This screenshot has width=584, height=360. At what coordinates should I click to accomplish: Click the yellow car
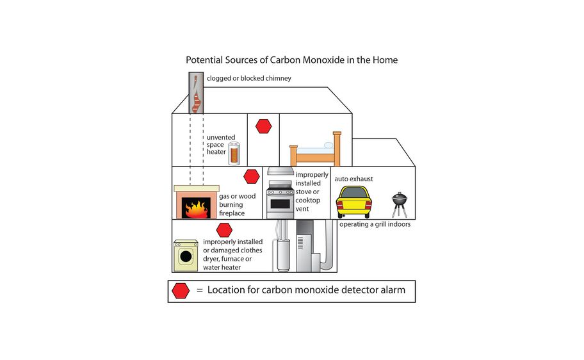coord(353,201)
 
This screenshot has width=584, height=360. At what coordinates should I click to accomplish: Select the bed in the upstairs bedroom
coord(315,152)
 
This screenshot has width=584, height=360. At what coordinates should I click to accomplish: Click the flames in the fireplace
coord(197,208)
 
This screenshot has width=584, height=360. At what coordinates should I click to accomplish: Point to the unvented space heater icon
coord(235,154)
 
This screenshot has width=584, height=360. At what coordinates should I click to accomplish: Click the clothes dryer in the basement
coord(186,256)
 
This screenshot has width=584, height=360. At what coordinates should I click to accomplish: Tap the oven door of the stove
coord(280,205)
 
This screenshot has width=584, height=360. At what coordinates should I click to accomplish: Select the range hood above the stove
coord(280,171)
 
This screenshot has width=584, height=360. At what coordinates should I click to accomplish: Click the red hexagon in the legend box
coord(181,291)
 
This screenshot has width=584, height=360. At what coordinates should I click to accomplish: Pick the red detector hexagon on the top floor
coord(263,126)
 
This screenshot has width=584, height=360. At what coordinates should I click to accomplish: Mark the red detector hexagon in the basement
coord(224,230)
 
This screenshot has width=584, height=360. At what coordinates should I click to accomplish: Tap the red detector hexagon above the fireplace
coord(252,176)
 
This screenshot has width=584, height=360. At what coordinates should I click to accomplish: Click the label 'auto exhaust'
coord(353,179)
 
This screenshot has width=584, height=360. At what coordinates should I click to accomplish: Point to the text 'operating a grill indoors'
coord(375,224)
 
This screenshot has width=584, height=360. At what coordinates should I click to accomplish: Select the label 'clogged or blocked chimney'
coord(248,78)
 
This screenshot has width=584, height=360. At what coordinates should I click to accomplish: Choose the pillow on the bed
coord(328,145)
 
